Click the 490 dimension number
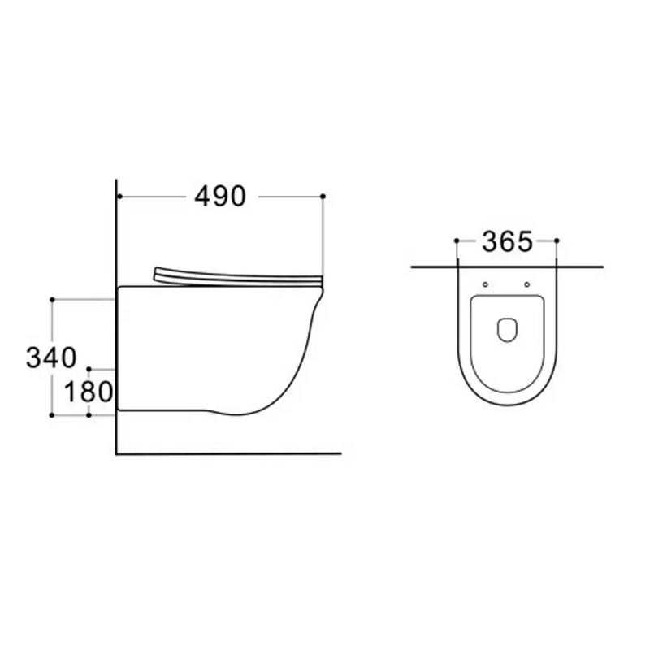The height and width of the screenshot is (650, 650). pos(220,197)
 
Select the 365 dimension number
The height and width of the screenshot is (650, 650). pos(507,241)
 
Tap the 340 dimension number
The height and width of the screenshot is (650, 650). pos(51,357)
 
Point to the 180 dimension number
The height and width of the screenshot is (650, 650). pos(89,392)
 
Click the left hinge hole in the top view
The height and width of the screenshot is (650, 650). pos(485,284)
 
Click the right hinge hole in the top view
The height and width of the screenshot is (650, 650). pos(526,284)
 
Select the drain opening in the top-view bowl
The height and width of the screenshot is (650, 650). pos(507,330)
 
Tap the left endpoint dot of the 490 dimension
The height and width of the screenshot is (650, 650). pos(119,196)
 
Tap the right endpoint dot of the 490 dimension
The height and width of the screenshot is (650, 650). pos(323,196)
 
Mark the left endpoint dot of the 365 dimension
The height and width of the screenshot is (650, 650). pos(457,240)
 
